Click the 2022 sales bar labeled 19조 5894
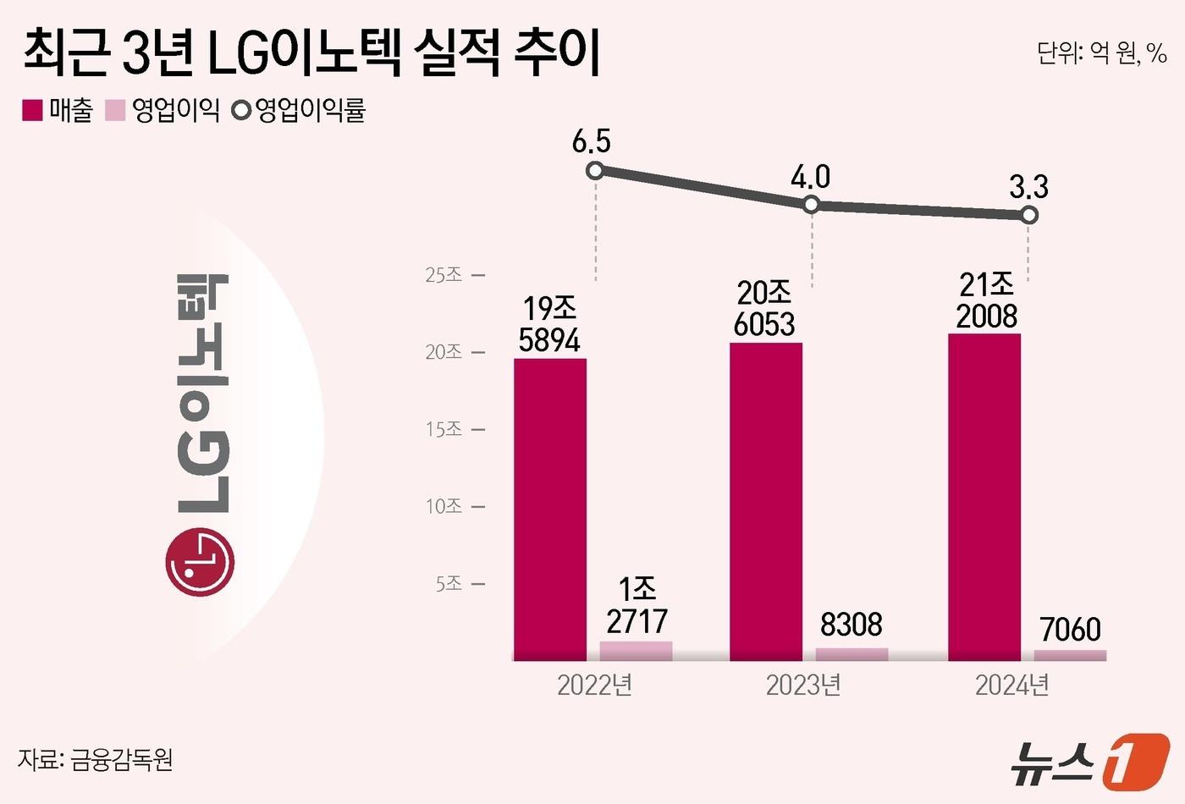550,508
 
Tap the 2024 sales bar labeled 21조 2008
984,496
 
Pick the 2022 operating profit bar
636,651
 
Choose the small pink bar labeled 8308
852,654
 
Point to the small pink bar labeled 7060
1070,655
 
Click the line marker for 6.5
595,170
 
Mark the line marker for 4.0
811,204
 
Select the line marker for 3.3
1029,215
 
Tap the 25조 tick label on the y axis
444,275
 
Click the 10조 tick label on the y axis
444,506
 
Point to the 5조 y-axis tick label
449,584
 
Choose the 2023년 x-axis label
803,685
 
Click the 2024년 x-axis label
1012,685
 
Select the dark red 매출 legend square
32,110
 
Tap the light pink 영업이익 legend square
115,110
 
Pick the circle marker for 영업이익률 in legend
241,110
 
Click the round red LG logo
201,561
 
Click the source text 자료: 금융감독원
96,759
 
